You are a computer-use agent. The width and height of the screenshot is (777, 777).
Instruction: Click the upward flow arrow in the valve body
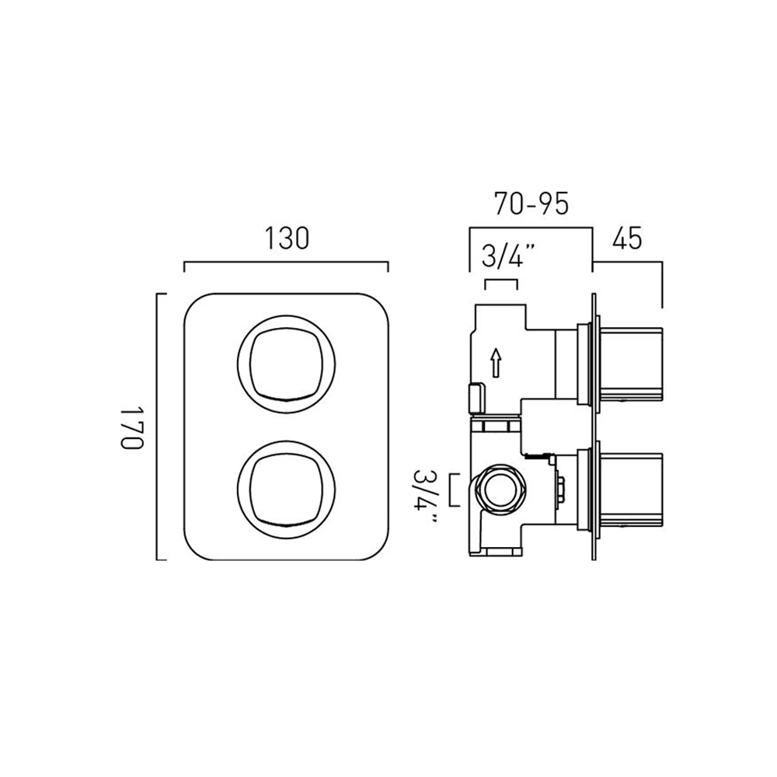pos(497,361)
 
